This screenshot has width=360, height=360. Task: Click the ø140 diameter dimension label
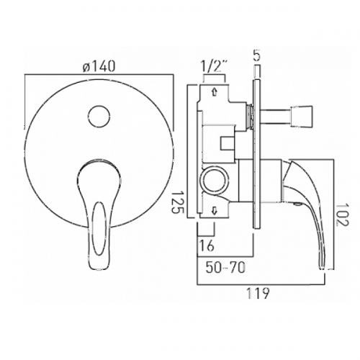point(99,66)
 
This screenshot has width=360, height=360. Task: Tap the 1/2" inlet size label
point(214,68)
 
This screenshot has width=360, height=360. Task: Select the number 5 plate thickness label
point(256,55)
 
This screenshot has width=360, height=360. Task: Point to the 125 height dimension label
point(178,199)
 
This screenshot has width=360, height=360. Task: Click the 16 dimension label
point(207,246)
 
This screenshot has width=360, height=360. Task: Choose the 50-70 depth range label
point(225,267)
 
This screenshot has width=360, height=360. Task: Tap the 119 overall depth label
point(258,293)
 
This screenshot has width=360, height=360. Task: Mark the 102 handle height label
point(342,215)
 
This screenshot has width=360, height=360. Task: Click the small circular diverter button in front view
point(99,117)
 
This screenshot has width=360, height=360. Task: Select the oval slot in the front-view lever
point(99,228)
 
